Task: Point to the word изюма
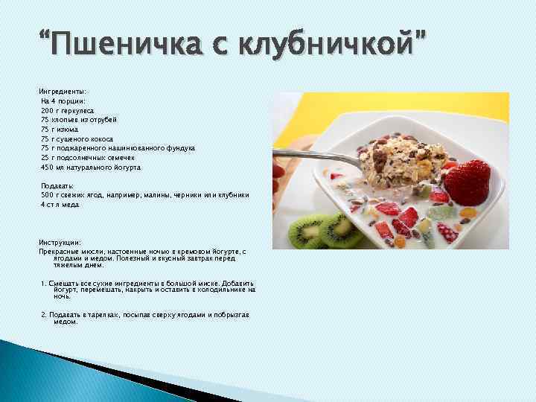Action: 77,129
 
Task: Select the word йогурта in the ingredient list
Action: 124,167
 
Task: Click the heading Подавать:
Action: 57,185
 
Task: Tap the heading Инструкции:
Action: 61,243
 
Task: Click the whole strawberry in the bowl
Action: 467,179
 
